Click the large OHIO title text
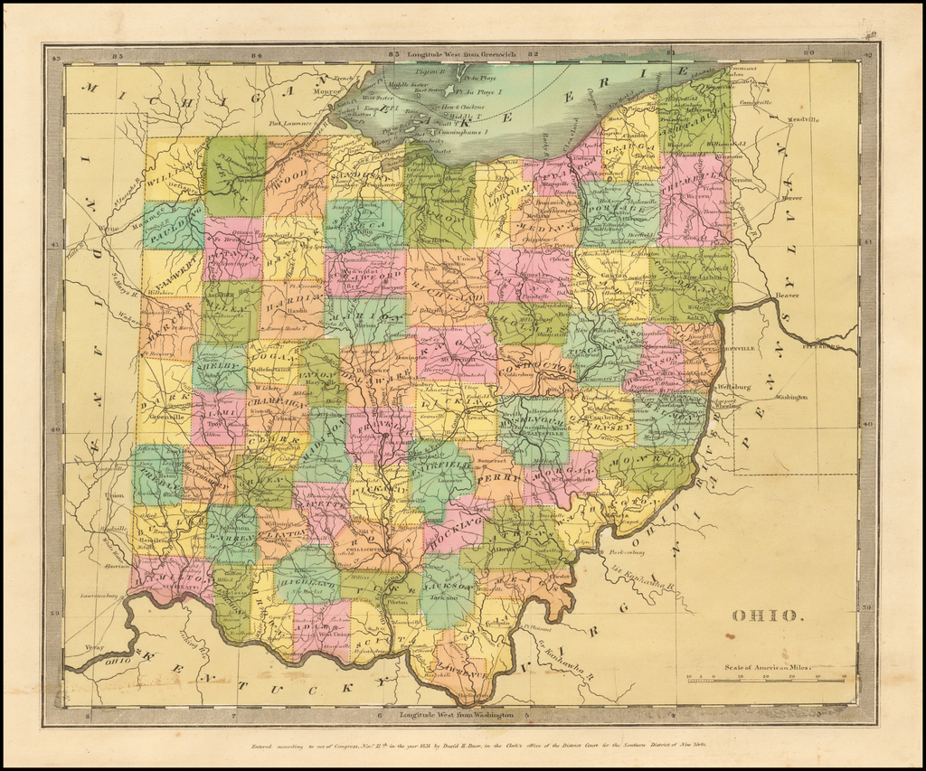tap(765, 616)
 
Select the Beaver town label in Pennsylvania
tap(788, 296)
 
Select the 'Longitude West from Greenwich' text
tap(461, 54)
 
